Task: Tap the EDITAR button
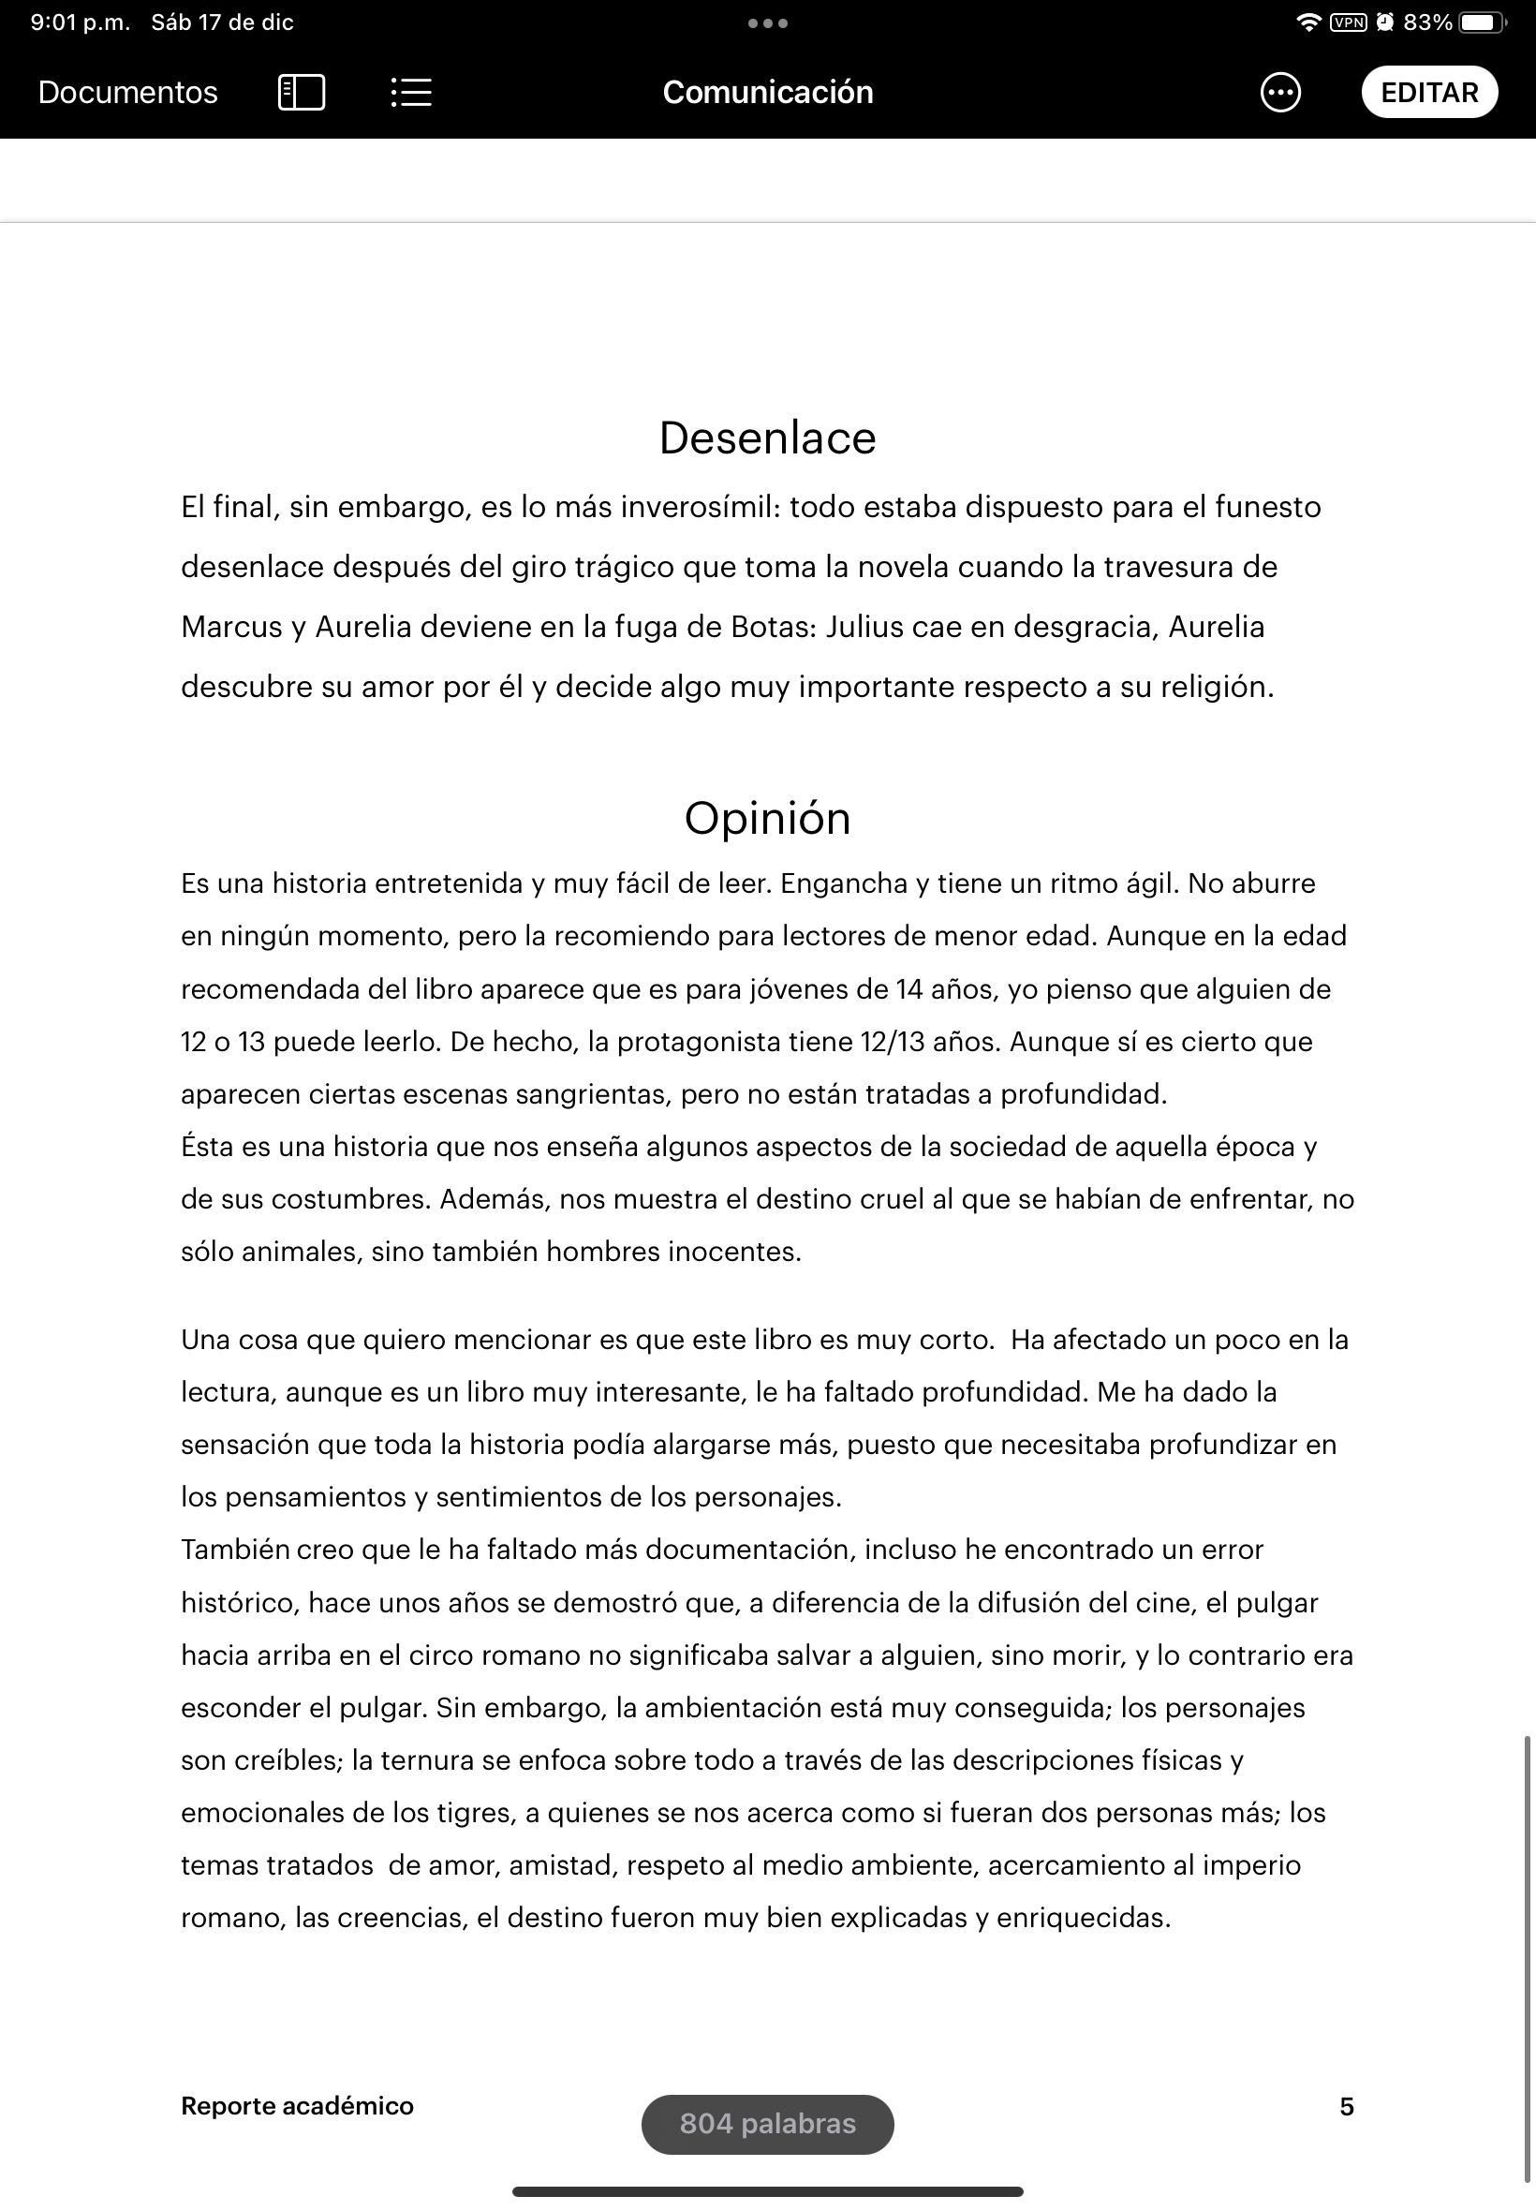[1428, 93]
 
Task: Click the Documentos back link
[128, 93]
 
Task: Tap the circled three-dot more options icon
[1280, 93]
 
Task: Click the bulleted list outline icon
[411, 93]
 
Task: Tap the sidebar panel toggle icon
[302, 93]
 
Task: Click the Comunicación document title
[767, 93]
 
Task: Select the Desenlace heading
[767, 438]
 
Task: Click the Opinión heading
[767, 818]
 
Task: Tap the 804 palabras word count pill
[767, 2124]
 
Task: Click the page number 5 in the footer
[1347, 2106]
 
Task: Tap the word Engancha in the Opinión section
[843, 883]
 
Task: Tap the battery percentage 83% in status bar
[1427, 22]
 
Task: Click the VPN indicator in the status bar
[1348, 22]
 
